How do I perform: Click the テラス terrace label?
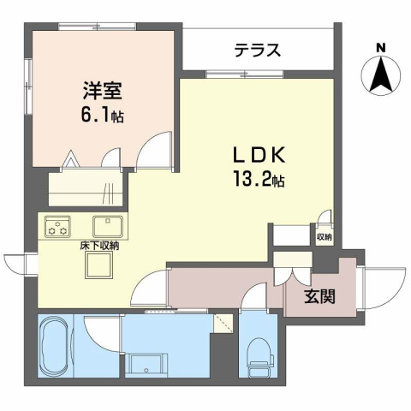[x=258, y=50]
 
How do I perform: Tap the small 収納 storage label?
[x=324, y=237]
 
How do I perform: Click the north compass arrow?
[x=381, y=74]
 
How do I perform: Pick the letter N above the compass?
[x=381, y=47]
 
